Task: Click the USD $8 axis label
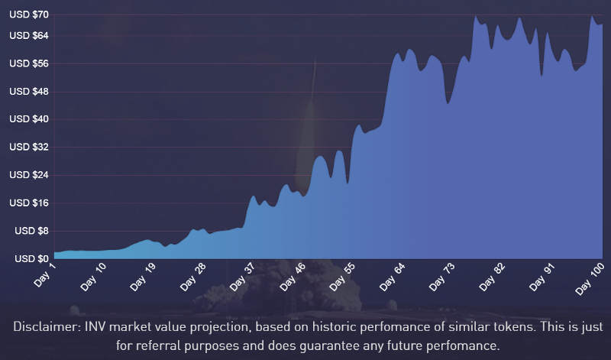[x=31, y=231]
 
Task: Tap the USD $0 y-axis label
[x=31, y=259]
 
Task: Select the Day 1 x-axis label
[x=46, y=274]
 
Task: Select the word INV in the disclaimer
[x=102, y=326]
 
